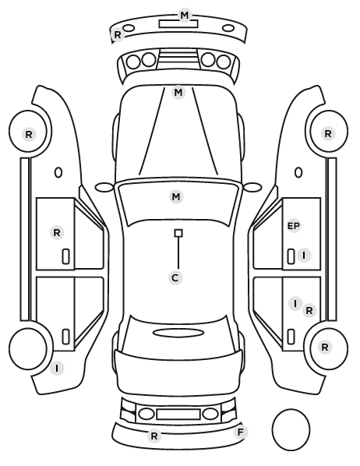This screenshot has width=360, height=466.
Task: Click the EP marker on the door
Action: point(294,226)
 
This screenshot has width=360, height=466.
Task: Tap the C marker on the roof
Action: point(175,278)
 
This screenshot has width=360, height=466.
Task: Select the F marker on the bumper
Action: point(241,432)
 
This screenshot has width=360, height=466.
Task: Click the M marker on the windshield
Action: point(175,196)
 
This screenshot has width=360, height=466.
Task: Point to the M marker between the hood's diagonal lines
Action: point(178,93)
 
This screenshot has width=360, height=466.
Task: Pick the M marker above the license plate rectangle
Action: point(185,15)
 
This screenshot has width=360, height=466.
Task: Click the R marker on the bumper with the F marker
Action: point(154,436)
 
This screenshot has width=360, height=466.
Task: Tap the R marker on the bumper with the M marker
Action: point(118,35)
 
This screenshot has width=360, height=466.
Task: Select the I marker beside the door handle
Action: point(304,256)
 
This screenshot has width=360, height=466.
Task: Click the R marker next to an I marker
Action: point(309,311)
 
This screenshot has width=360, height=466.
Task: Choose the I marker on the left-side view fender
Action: point(57,369)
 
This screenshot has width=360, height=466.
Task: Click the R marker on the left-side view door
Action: point(57,233)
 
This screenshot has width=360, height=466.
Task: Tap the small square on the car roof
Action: point(178,233)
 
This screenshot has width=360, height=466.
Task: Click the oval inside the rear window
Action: point(178,333)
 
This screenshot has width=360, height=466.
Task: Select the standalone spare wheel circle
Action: point(291,429)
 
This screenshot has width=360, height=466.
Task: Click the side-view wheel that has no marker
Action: point(28,348)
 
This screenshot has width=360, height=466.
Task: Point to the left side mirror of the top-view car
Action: point(104,187)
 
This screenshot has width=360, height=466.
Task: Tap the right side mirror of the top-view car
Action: point(252,187)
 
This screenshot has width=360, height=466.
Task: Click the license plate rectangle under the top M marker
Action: point(178,24)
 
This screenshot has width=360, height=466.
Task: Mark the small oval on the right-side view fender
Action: point(298,173)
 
